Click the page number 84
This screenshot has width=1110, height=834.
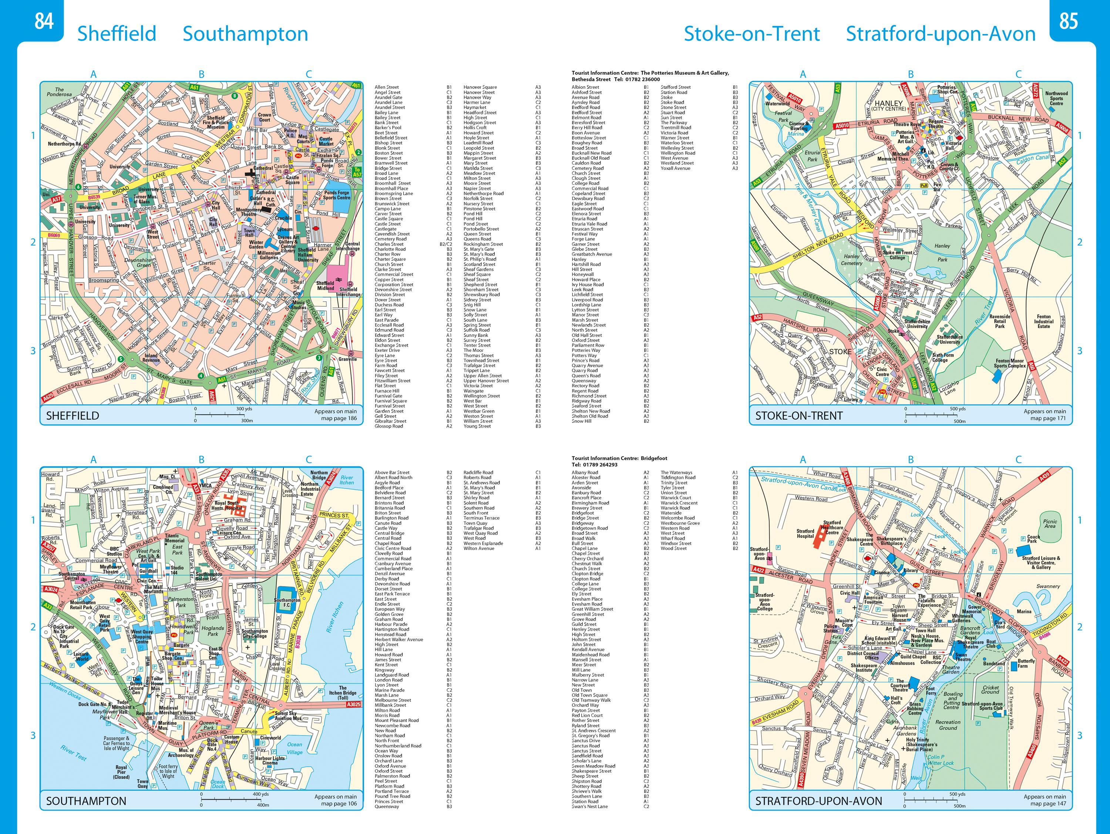click(x=44, y=21)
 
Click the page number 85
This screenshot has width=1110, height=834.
click(x=1068, y=21)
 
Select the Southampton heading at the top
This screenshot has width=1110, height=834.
click(x=245, y=34)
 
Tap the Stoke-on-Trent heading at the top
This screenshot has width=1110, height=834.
click(x=752, y=34)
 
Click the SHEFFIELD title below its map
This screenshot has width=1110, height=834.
click(x=73, y=416)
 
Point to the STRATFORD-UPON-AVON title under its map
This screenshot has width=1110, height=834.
click(x=818, y=801)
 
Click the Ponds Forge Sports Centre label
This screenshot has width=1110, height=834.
click(x=337, y=195)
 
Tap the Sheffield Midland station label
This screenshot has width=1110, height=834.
click(x=325, y=286)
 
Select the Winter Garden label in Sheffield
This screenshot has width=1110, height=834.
click(x=256, y=245)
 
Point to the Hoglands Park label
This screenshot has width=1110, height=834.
click(x=213, y=631)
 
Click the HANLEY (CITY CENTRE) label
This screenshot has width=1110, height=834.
click(x=889, y=105)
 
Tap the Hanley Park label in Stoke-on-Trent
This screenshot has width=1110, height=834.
click(x=942, y=253)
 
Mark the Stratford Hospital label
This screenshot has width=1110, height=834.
click(x=805, y=533)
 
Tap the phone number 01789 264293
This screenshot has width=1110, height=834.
click(x=601, y=465)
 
